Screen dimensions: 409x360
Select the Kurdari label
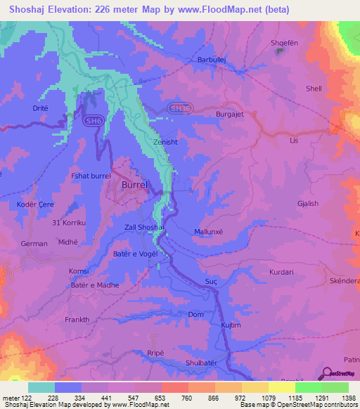284,271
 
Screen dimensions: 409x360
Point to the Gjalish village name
308,204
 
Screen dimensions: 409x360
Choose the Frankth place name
77,320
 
